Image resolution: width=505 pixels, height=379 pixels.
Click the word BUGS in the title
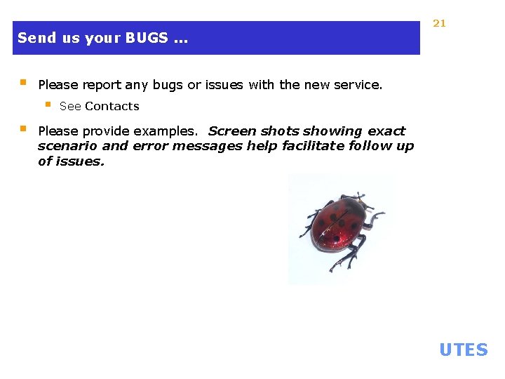pyautogui.click(x=147, y=38)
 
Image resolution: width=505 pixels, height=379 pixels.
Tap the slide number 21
pyautogui.click(x=439, y=23)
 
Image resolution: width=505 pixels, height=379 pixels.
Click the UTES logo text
pyautogui.click(x=463, y=350)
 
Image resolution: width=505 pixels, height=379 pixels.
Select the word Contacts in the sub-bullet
pyautogui.click(x=112, y=107)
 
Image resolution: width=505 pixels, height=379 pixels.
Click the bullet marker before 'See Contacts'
pyautogui.click(x=48, y=105)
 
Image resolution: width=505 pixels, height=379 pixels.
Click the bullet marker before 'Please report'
pyautogui.click(x=22, y=83)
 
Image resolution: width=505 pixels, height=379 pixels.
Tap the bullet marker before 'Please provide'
pyautogui.click(x=22, y=129)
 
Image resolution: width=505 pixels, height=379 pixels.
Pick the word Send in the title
pyautogui.click(x=32, y=38)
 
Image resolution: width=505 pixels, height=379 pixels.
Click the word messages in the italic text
pyautogui.click(x=210, y=146)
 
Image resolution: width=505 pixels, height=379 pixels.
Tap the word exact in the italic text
pyautogui.click(x=385, y=131)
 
